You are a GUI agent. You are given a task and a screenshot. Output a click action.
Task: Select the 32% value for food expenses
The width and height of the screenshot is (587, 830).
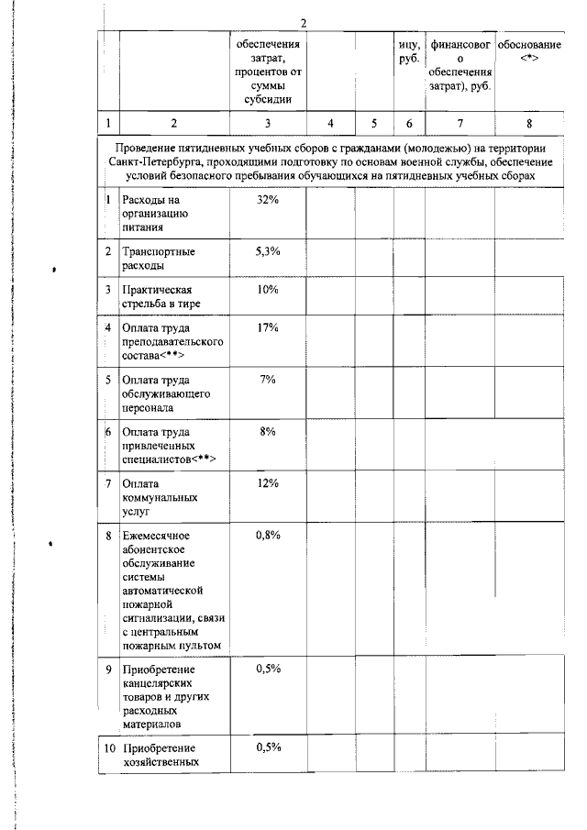pyautogui.click(x=267, y=201)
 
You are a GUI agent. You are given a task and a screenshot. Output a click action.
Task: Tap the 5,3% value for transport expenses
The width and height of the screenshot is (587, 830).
pyautogui.click(x=267, y=251)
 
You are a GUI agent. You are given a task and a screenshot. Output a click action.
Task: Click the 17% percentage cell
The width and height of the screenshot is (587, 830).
pyautogui.click(x=267, y=327)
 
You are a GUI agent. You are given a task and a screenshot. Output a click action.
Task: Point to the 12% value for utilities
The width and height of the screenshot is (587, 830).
pyautogui.click(x=267, y=483)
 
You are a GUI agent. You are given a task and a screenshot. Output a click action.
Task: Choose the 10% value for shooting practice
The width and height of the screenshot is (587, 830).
pyautogui.click(x=267, y=290)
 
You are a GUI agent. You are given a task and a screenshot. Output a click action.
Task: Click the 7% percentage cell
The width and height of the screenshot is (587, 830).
pyautogui.click(x=267, y=380)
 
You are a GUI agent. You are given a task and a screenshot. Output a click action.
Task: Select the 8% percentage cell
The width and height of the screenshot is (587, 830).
pyautogui.click(x=267, y=431)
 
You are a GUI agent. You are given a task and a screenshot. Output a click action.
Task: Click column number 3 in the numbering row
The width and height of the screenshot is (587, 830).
pyautogui.click(x=267, y=122)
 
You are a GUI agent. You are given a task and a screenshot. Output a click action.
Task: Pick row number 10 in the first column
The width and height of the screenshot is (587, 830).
pyautogui.click(x=109, y=748)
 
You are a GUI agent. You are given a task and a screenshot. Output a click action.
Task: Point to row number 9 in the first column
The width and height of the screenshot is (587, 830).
pyautogui.click(x=108, y=669)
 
